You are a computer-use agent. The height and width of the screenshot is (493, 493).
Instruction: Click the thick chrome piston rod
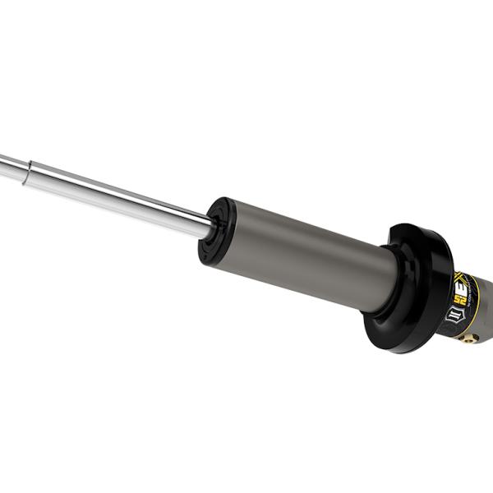click(123, 195)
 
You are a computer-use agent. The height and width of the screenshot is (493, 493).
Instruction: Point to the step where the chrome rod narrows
click(30, 171)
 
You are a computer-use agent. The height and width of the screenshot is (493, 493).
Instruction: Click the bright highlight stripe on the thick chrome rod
click(123, 190)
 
